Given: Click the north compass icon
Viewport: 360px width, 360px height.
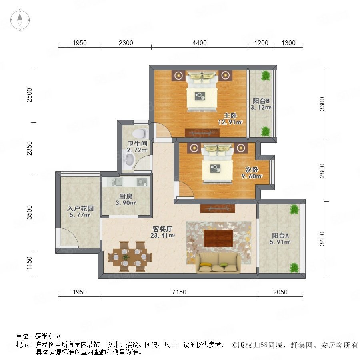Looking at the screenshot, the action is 20,20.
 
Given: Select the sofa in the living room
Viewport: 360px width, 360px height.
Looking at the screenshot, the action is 218,263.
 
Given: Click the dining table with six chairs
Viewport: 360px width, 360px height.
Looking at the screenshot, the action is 130,256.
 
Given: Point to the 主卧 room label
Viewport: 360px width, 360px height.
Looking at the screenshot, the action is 230,116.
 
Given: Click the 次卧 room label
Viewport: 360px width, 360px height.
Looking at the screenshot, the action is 252,170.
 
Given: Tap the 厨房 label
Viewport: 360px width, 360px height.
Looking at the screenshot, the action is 126,196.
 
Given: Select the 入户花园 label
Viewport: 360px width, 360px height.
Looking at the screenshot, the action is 80,208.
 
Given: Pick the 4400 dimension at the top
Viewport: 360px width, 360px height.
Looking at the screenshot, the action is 200,43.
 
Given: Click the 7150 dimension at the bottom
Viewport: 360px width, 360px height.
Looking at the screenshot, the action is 179,292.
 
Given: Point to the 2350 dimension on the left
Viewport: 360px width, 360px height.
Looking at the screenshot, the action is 29,148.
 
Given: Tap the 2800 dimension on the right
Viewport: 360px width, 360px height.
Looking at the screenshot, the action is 322,170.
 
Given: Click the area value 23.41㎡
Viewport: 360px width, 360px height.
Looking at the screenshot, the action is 162,235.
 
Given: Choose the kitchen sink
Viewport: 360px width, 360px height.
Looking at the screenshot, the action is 117,182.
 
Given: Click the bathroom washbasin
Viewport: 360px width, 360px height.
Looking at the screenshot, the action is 129,160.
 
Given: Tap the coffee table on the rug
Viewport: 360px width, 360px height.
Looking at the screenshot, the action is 218,238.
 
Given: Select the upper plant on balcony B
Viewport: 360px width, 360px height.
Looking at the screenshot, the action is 266,76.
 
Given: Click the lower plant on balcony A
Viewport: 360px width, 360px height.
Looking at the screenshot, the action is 294,268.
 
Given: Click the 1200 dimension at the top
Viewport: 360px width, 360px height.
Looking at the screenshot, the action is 261,43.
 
